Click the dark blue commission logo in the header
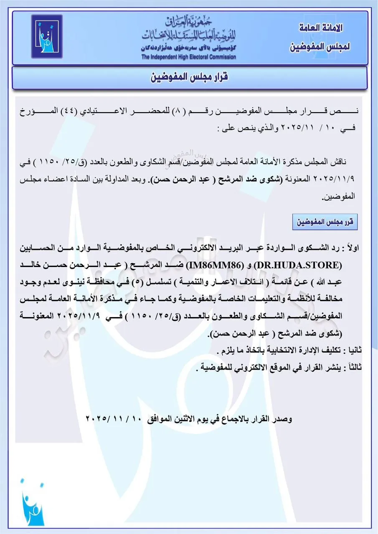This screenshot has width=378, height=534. click(47, 35)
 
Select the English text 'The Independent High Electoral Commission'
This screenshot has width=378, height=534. click(188, 57)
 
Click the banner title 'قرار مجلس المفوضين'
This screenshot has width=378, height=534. click(189, 78)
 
